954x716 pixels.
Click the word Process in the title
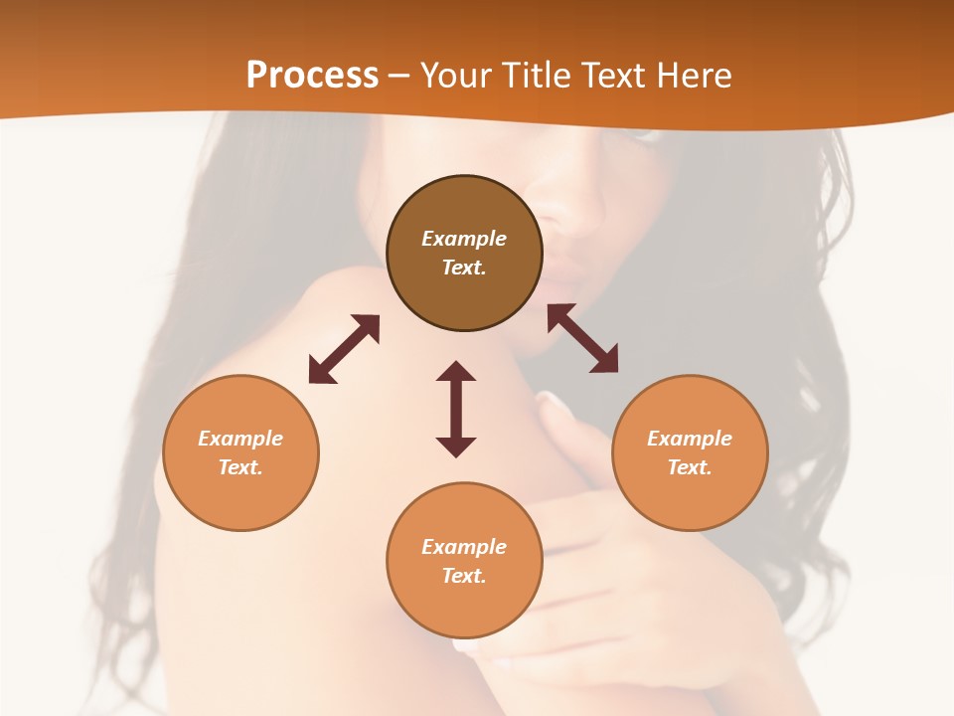click(x=312, y=75)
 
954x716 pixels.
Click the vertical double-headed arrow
click(x=456, y=409)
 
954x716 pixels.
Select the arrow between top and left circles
click(x=344, y=349)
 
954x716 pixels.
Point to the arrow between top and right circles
click(x=582, y=338)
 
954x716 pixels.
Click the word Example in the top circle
click(x=464, y=239)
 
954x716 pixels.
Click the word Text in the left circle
click(x=240, y=467)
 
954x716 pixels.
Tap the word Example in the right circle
click(x=689, y=439)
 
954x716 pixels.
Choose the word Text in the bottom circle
click(x=464, y=576)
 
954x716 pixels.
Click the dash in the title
click(x=399, y=76)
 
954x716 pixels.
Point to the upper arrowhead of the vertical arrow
click(x=456, y=372)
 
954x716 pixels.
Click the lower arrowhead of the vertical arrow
click(x=456, y=447)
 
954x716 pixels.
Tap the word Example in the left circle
click(x=240, y=439)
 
